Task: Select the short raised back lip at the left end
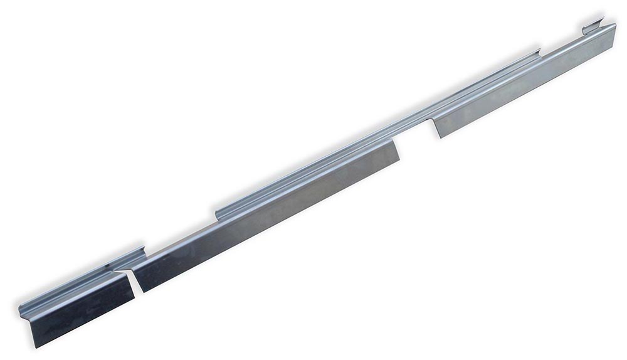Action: tap(82, 276)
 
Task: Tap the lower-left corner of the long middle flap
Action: tap(143, 292)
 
